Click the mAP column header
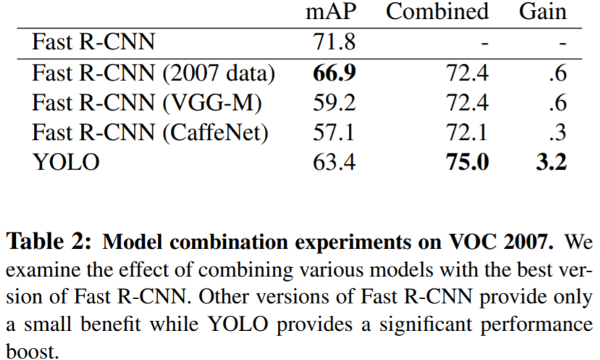(x=333, y=12)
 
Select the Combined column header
(x=436, y=12)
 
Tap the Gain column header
(x=542, y=12)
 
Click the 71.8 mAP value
(x=333, y=42)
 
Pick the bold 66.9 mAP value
(x=333, y=73)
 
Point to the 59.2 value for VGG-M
(x=333, y=103)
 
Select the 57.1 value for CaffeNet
(x=333, y=133)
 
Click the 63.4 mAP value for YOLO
(x=333, y=162)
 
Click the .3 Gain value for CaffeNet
(x=557, y=133)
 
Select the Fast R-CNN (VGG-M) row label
(x=146, y=103)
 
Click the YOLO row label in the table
(x=67, y=162)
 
